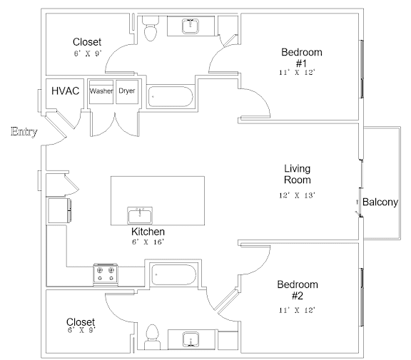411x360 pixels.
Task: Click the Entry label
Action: pyautogui.click(x=24, y=131)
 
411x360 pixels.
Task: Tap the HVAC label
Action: pyautogui.click(x=65, y=91)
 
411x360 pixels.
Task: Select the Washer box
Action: pyautogui.click(x=101, y=92)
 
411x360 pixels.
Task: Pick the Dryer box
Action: pyautogui.click(x=127, y=92)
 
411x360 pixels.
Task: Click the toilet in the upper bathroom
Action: pyautogui.click(x=151, y=29)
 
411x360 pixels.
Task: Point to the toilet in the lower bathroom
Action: pyautogui.click(x=153, y=336)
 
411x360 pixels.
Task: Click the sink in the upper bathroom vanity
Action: pyautogui.click(x=191, y=26)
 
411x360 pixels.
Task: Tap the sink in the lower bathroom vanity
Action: pyautogui.click(x=191, y=339)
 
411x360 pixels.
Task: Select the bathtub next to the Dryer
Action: pyautogui.click(x=171, y=97)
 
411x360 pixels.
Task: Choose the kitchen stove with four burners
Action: pyautogui.click(x=106, y=274)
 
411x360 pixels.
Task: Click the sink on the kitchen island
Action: pyautogui.click(x=140, y=215)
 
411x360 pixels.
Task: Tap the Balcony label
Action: pyautogui.click(x=380, y=202)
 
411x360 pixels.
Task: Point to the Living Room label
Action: pyautogui.click(x=298, y=174)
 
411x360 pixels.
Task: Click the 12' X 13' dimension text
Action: pyautogui.click(x=297, y=195)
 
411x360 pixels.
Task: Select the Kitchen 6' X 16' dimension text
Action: pyautogui.click(x=148, y=242)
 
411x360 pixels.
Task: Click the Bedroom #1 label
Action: pyautogui.click(x=302, y=58)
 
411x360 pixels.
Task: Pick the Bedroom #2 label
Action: pyautogui.click(x=298, y=290)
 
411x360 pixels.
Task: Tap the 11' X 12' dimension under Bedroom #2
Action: pyautogui.click(x=297, y=310)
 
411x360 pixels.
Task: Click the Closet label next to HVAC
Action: pyautogui.click(x=87, y=42)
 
